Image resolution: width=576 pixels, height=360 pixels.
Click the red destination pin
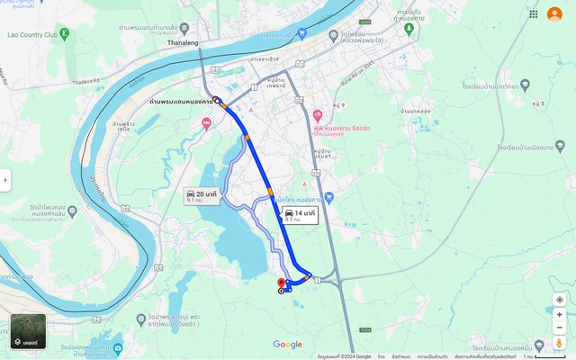point(281,283)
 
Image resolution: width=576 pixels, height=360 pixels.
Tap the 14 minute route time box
point(300,215)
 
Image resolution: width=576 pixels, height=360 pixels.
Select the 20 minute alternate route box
point(201,195)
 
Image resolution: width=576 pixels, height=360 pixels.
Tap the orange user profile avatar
point(554,13)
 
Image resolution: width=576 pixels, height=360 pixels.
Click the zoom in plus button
point(560,315)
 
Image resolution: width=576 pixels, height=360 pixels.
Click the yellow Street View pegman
point(560,343)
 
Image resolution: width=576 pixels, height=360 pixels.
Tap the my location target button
point(560,300)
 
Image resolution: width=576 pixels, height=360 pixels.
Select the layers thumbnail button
point(28,331)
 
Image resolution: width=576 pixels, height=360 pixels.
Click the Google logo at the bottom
point(288,345)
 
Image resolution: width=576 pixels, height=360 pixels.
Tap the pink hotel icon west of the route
point(208,123)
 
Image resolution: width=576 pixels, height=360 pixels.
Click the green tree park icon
point(409,28)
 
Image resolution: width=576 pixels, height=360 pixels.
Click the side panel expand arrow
point(4,180)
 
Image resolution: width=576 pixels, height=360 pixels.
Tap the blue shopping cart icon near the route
point(328,197)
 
